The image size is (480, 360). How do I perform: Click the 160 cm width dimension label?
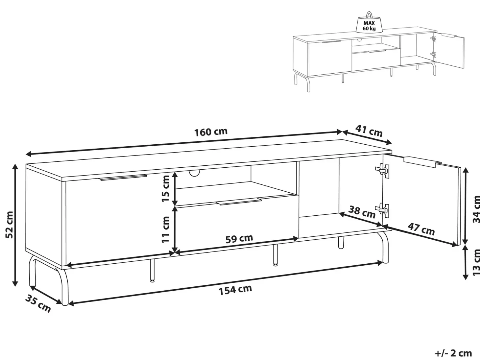coord(211,132)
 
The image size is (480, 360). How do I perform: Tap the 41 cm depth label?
coord(369,131)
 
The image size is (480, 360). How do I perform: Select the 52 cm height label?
coord(10,225)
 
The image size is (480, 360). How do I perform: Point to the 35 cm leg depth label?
coord(38,303)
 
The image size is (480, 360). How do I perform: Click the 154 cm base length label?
coord(235,290)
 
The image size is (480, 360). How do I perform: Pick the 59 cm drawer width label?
coord(239,239)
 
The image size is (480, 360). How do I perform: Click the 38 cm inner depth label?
coord(362,212)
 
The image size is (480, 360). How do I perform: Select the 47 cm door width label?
coord(421,228)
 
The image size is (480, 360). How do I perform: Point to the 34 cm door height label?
coord(476,209)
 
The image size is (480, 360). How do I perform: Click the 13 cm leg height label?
coord(476,262)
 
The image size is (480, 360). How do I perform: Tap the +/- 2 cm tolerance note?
coord(453,353)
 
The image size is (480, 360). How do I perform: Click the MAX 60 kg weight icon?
coord(369,22)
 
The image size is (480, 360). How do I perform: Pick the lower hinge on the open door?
coord(382,210)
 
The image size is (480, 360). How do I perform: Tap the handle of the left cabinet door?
coord(123,177)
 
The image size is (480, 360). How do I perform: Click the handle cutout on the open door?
coord(422,162)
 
